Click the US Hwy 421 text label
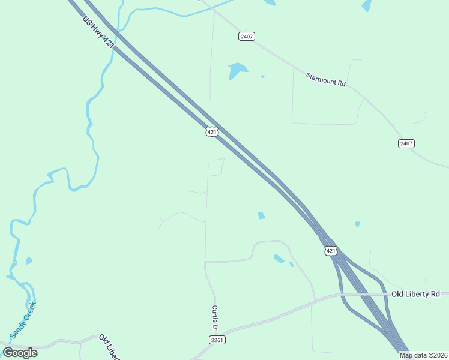98,32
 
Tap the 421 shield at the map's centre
212,131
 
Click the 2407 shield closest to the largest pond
247,37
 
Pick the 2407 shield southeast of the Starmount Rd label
406,143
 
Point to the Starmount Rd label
325,80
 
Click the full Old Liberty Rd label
415,294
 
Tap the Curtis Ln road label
214,318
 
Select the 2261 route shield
217,340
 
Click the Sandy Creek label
23,320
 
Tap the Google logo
20,353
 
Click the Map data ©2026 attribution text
424,355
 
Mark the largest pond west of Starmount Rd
237,70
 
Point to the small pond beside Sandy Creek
28,260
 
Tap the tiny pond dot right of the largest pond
262,76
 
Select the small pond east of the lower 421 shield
357,224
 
